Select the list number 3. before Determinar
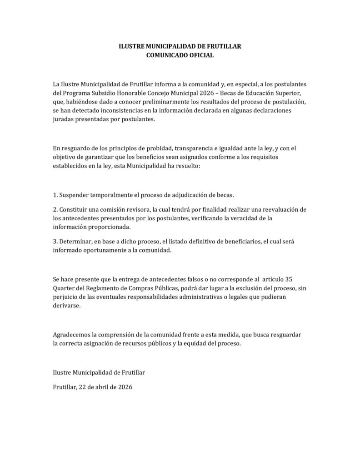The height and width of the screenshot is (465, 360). tap(56, 241)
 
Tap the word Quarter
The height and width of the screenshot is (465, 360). tap(65, 287)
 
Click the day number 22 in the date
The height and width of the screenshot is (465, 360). tap(83, 389)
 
